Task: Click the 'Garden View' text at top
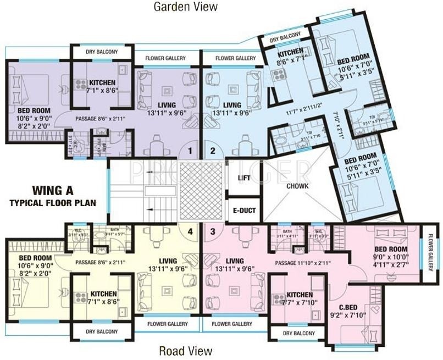tap(185, 7)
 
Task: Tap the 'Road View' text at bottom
tap(185, 351)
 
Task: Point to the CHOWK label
tap(297, 186)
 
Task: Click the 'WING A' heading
tap(53, 191)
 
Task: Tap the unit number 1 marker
tap(190, 150)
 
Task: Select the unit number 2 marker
tap(213, 150)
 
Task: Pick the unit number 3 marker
tap(213, 231)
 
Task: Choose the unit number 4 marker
tap(190, 231)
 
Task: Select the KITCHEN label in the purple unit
tap(102, 83)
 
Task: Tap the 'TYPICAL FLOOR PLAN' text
tap(53, 203)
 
